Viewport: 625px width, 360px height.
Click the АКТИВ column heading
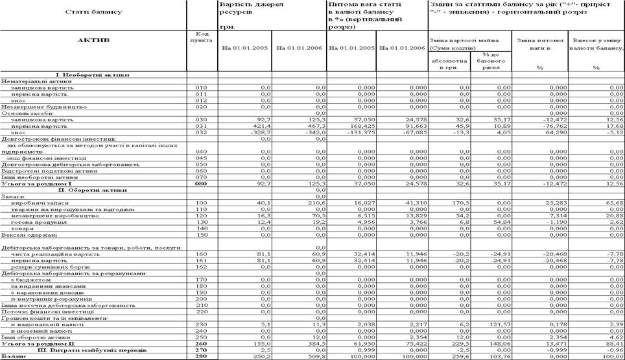(x=93, y=40)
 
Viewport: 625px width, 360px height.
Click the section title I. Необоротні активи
(x=93, y=75)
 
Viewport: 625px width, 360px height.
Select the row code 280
(x=202, y=356)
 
